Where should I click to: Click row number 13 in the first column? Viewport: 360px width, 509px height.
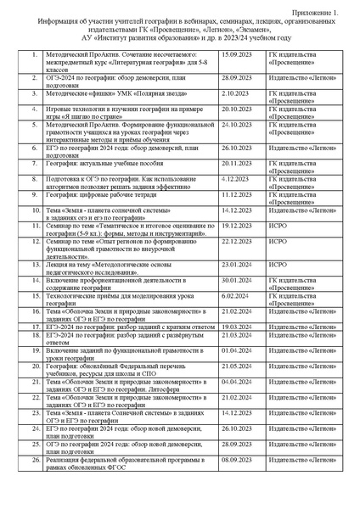(36, 264)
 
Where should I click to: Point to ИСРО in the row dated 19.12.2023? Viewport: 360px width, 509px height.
(278, 226)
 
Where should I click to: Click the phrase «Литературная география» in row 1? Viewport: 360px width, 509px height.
(152, 62)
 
